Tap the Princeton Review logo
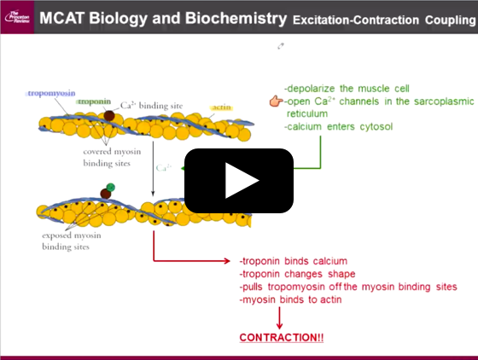pyautogui.click(x=16, y=17)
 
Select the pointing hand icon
pyautogui.click(x=276, y=102)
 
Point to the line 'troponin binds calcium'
pyautogui.click(x=294, y=261)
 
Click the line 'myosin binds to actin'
pyautogui.click(x=292, y=299)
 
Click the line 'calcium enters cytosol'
pyautogui.click(x=338, y=127)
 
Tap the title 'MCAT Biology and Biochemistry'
pyautogui.click(x=163, y=17)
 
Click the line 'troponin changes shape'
pyautogui.click(x=297, y=274)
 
